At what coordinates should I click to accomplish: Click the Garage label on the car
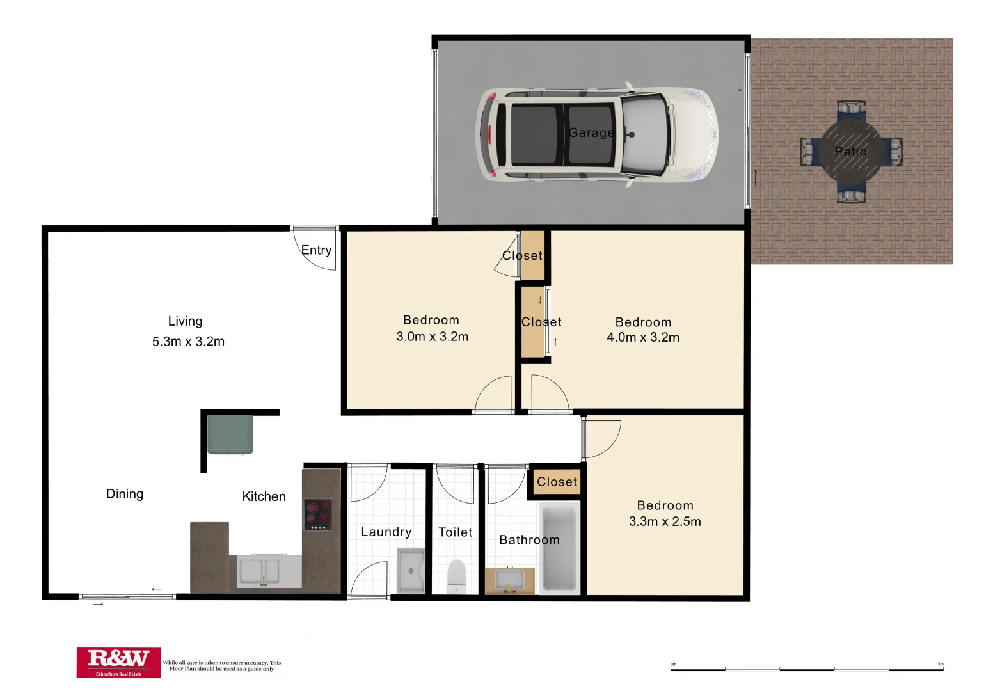(591, 132)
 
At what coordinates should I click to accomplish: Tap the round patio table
(851, 152)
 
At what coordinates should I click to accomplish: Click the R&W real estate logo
(118, 662)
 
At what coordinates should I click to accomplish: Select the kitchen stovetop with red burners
(318, 514)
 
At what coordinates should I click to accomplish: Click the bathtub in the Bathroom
(560, 548)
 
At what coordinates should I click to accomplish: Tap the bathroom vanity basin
(510, 581)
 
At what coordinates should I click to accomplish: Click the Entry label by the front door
(317, 250)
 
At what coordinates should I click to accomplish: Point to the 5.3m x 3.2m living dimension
(188, 342)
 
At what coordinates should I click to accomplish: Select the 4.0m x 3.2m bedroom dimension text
(643, 337)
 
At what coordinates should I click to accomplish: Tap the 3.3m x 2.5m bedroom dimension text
(665, 521)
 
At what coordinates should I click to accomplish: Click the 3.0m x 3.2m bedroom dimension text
(433, 337)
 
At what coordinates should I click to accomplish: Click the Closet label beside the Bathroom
(557, 482)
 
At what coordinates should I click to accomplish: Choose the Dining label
(125, 494)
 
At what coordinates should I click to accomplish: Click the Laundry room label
(386, 532)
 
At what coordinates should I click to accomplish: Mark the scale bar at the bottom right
(807, 669)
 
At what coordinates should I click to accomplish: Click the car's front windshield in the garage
(646, 134)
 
